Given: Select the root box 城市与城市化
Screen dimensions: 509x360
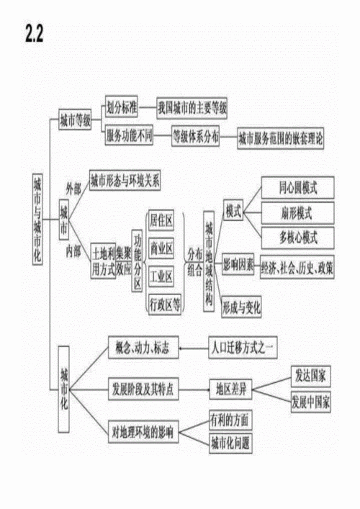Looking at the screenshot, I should [x=38, y=220].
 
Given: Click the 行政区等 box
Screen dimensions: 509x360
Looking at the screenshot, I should [x=164, y=303].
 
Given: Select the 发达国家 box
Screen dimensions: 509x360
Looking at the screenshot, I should [x=311, y=375].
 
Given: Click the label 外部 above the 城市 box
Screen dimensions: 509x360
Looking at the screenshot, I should [x=73, y=187].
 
